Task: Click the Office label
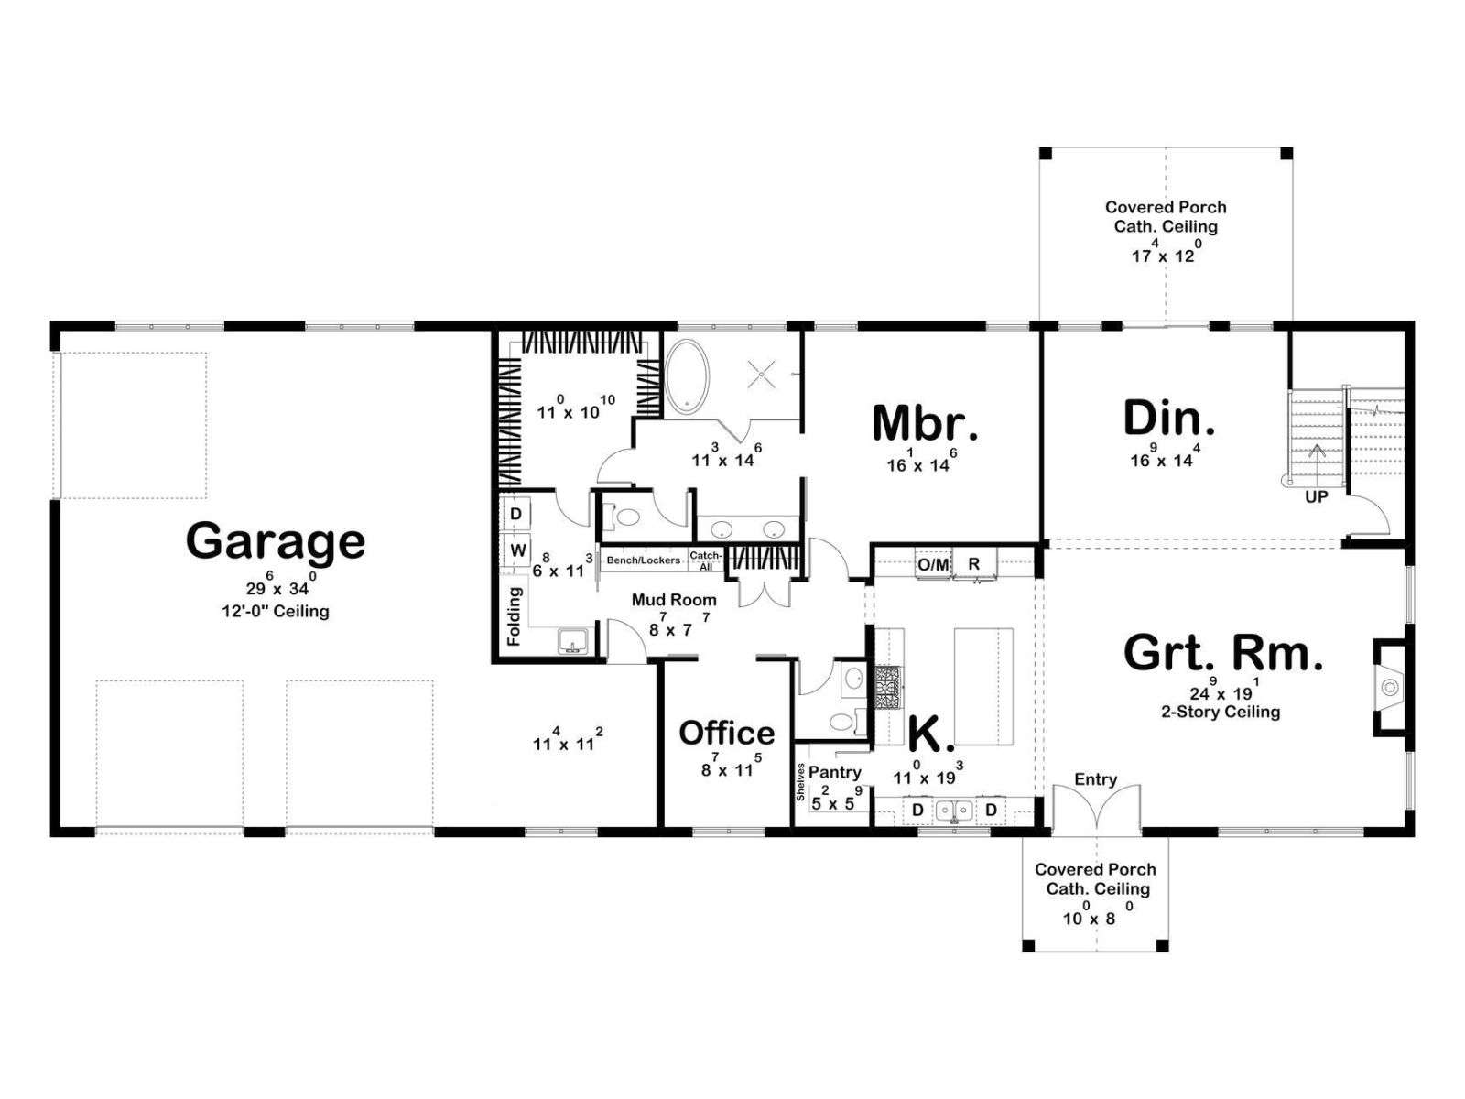point(727,733)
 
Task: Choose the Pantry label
point(834,773)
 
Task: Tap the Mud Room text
point(674,600)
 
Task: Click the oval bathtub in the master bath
point(687,376)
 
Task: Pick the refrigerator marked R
point(974,564)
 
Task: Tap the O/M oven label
point(933,565)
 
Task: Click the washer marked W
point(517,550)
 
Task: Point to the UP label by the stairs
point(1316,497)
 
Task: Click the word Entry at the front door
point(1095,779)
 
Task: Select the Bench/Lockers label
point(644,560)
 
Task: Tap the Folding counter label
point(514,615)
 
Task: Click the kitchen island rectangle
point(983,687)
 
